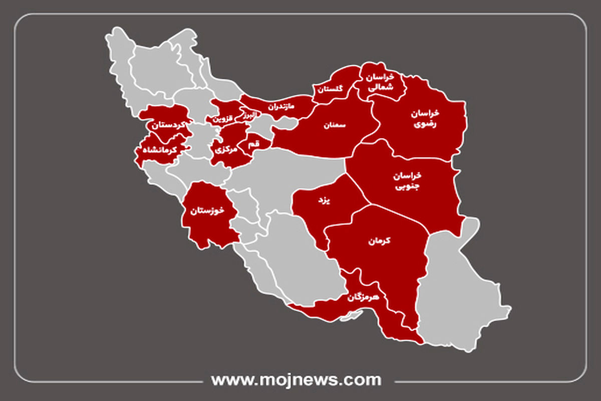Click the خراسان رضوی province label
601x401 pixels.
[424, 118]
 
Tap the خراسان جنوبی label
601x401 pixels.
[407, 181]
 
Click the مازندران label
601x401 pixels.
[280, 107]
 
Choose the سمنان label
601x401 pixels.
[335, 125]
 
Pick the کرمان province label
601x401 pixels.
[379, 241]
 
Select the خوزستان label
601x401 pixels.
[206, 211]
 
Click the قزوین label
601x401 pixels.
[223, 119]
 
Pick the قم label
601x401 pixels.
[254, 144]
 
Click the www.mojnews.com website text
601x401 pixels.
[296, 379]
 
